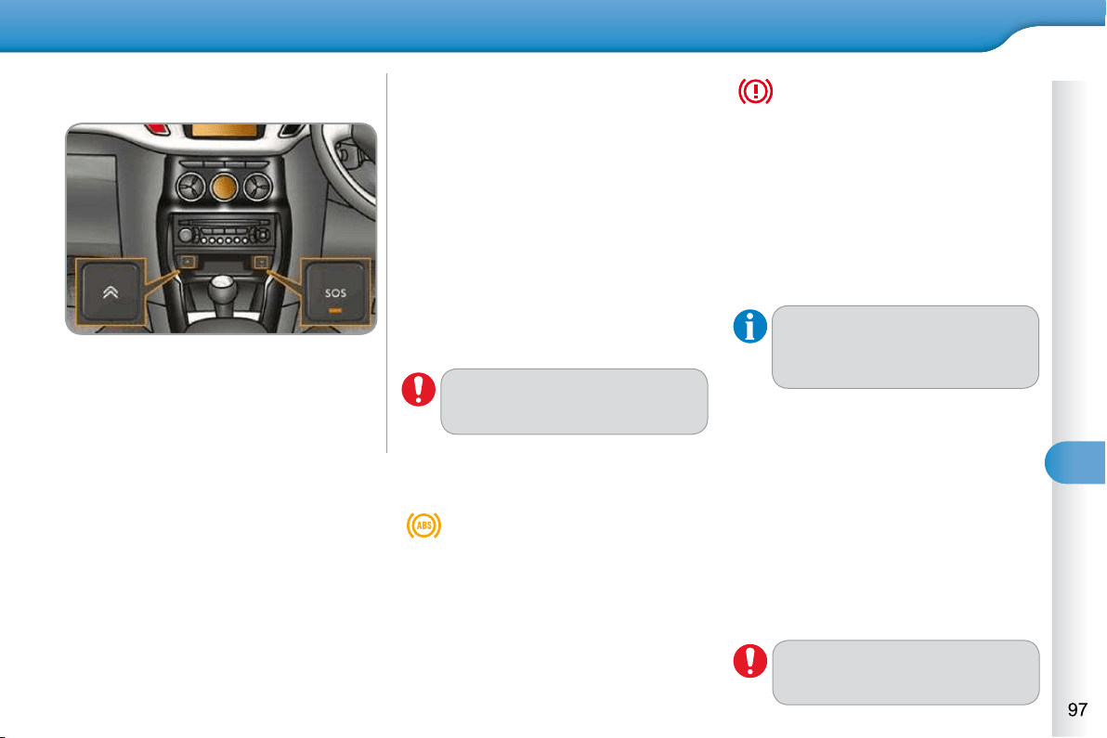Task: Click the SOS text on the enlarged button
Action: pyautogui.click(x=335, y=292)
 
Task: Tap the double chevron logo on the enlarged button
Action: pyautogui.click(x=111, y=291)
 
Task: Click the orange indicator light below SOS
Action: pyautogui.click(x=335, y=310)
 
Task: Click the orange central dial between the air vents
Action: pyautogui.click(x=224, y=187)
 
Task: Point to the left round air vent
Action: pyautogui.click(x=190, y=188)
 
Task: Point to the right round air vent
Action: pyautogui.click(x=257, y=188)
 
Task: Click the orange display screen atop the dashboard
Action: pyautogui.click(x=224, y=131)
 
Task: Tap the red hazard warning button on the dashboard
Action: pyautogui.click(x=157, y=129)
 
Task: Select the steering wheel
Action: pyautogui.click(x=345, y=163)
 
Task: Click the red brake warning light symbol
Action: pyautogui.click(x=755, y=91)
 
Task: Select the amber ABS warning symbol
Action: pyautogui.click(x=423, y=524)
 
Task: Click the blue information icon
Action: pyautogui.click(x=749, y=327)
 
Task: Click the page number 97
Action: pyautogui.click(x=1077, y=709)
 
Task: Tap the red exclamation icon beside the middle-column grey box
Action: pyautogui.click(x=419, y=390)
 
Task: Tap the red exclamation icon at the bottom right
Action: pyautogui.click(x=749, y=661)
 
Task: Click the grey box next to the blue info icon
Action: pyautogui.click(x=905, y=347)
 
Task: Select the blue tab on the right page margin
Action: pyautogui.click(x=1075, y=463)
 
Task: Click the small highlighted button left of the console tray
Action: pyautogui.click(x=188, y=262)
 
